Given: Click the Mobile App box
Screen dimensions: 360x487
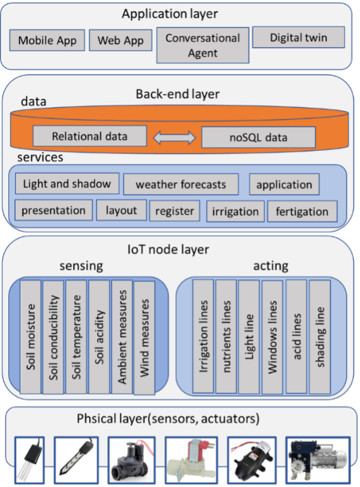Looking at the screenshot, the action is [47, 40].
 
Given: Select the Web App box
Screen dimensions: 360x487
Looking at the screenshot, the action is [120, 40].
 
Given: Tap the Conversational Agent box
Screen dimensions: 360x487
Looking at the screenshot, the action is [203, 45].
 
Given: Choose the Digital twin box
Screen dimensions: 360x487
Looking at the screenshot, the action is [299, 37].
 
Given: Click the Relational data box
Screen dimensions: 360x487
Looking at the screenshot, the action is [90, 136].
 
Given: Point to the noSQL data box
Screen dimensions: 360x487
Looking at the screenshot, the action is [258, 137].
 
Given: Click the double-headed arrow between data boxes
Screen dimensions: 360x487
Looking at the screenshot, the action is [174, 138].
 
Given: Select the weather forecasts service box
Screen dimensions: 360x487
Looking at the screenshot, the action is [181, 184].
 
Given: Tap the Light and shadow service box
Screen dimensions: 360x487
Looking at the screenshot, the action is [67, 184].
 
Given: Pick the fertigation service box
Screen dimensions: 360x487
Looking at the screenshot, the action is [302, 211].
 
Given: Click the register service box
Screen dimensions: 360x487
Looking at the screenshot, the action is [175, 211].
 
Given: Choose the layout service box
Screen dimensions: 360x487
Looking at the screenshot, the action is [122, 210].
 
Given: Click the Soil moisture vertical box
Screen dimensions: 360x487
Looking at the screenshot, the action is [31, 337].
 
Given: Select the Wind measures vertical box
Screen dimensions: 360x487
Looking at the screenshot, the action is [144, 338].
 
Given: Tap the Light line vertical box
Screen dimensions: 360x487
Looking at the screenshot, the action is [249, 337].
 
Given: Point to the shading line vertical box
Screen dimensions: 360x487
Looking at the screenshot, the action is [320, 337].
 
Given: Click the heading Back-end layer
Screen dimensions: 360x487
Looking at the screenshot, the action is [178, 94].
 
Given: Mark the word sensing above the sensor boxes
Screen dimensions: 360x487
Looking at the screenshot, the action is [81, 266].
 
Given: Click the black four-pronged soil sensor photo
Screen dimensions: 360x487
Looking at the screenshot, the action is [29, 460].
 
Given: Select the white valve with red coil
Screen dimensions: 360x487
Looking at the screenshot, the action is [191, 460].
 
